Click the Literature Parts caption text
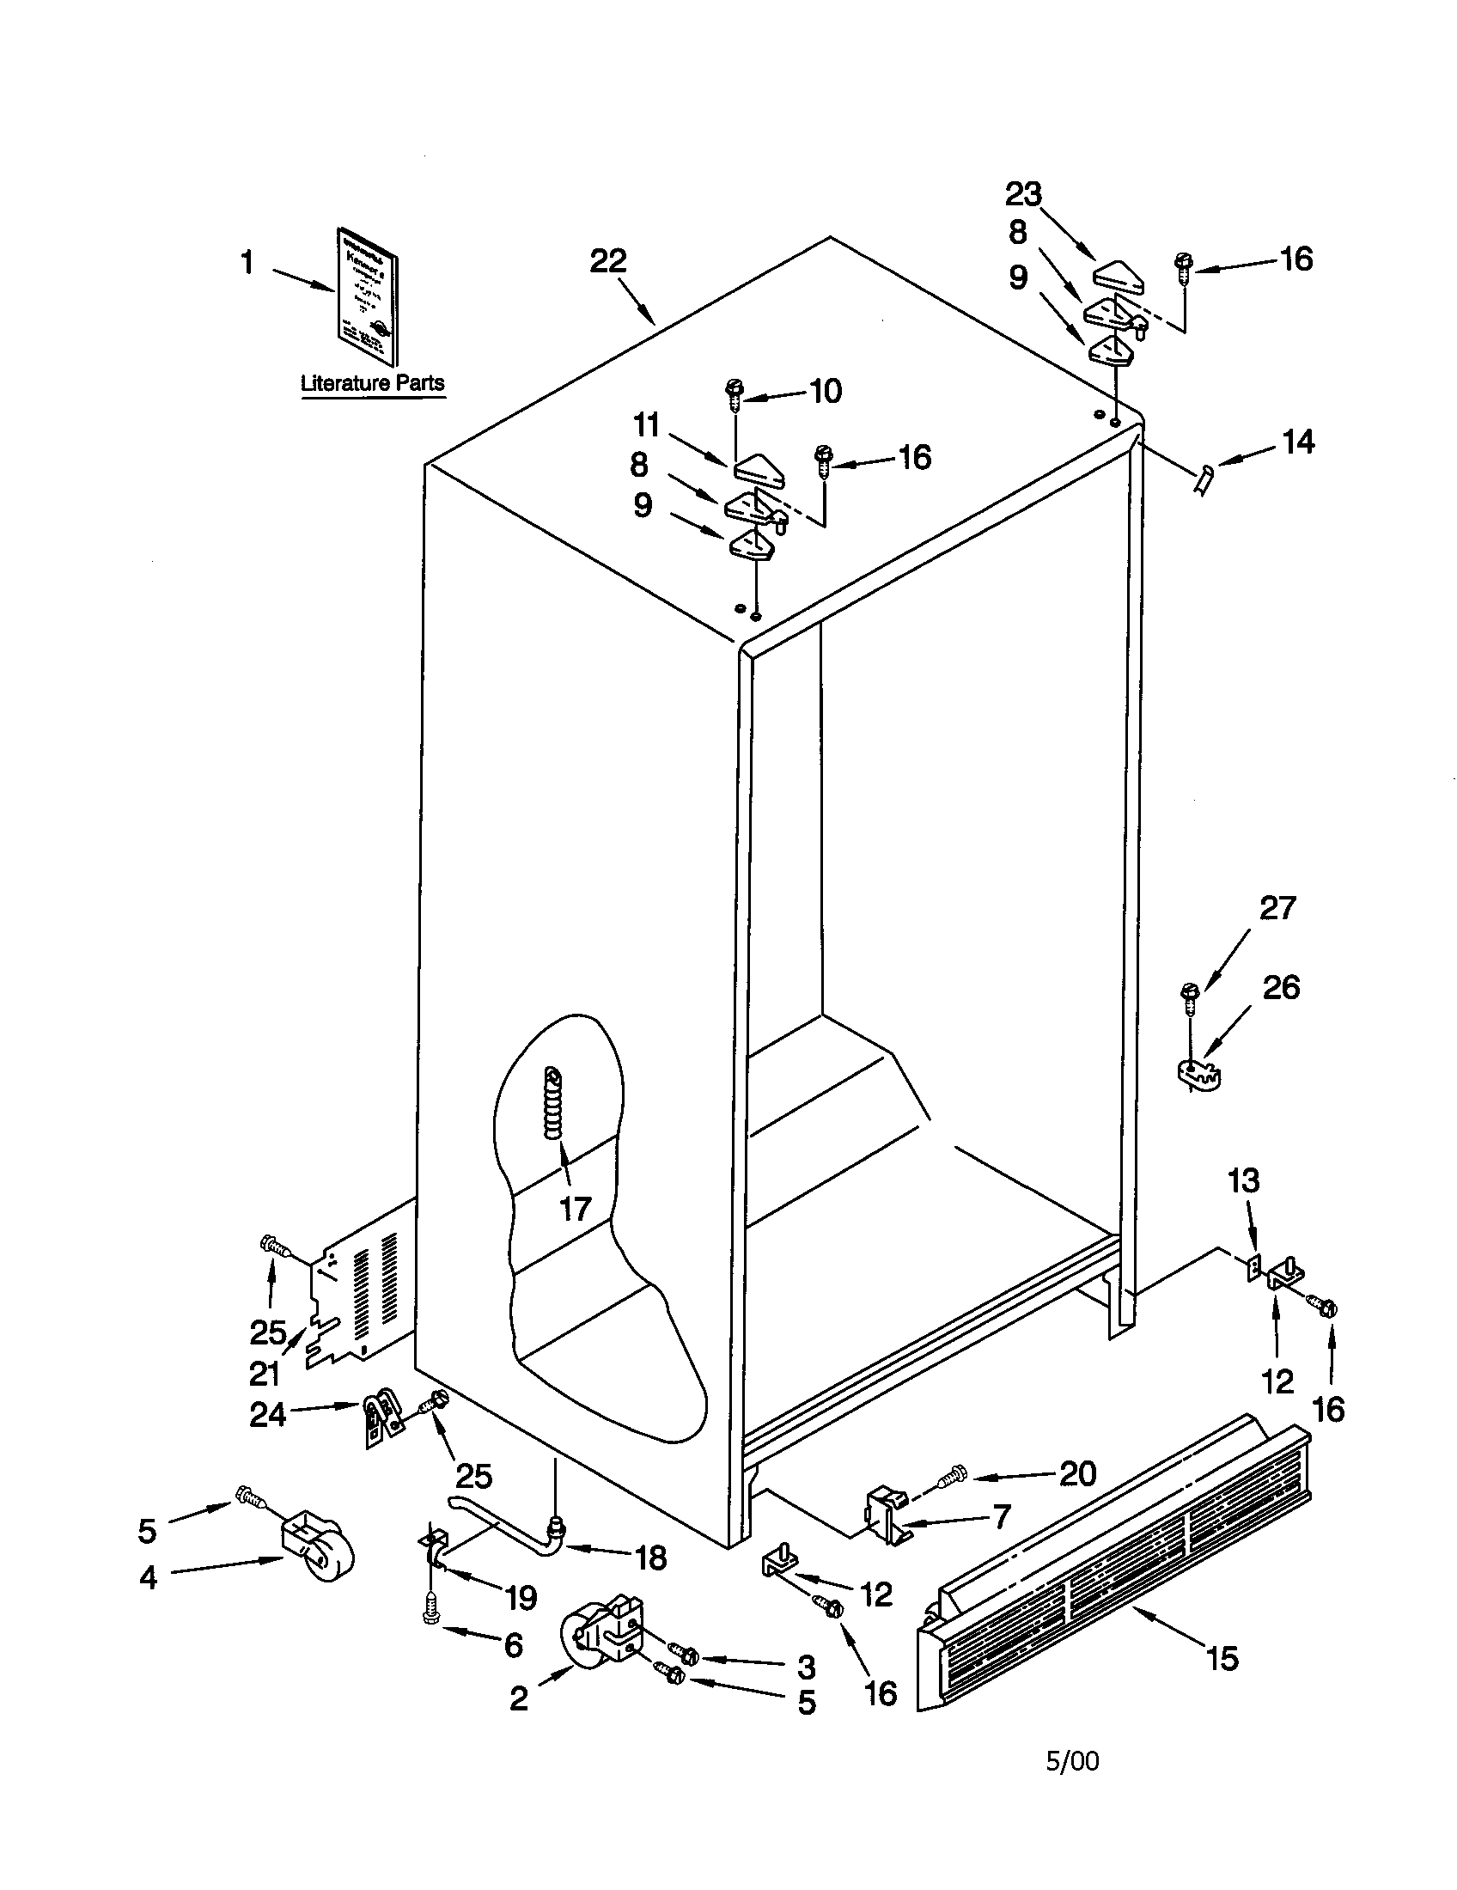tap(372, 382)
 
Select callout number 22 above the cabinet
tap(608, 260)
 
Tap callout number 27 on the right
tap(1277, 908)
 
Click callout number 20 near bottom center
tap(1077, 1472)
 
